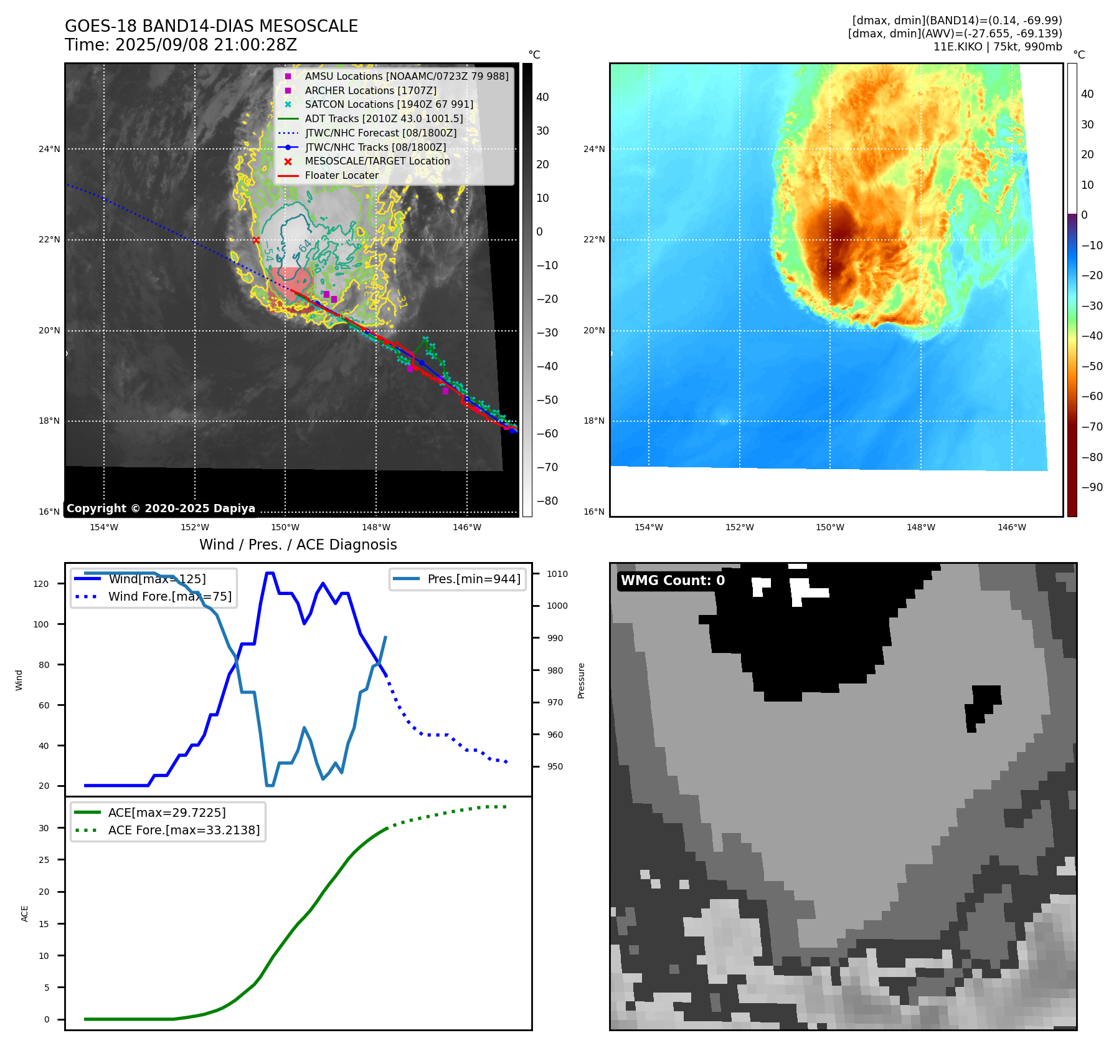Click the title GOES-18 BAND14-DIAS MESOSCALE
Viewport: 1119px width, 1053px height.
coord(211,26)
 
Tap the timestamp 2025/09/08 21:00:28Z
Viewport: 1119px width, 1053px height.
coord(205,45)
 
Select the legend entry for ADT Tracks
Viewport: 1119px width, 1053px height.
coord(384,118)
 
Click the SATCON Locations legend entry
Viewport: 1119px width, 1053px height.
coord(389,104)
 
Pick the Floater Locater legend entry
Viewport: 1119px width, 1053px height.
coord(341,175)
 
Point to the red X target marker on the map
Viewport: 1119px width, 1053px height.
coord(256,240)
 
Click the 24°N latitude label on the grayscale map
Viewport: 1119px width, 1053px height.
coord(50,149)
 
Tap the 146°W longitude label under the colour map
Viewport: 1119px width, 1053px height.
coord(1011,527)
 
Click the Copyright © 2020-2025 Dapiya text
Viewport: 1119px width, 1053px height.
coord(161,508)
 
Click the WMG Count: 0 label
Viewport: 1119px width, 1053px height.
coord(673,581)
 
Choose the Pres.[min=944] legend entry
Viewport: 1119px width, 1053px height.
coord(473,579)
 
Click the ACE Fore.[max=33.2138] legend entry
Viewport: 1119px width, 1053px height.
coord(184,830)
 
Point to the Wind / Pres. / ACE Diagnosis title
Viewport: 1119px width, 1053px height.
coord(298,545)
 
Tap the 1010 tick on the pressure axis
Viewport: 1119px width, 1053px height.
coord(557,574)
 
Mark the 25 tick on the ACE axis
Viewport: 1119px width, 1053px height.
coord(44,860)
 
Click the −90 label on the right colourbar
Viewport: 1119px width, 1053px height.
coord(1092,487)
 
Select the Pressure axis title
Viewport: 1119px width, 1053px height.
coord(581,680)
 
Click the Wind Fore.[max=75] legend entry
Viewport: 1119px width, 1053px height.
coord(169,596)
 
